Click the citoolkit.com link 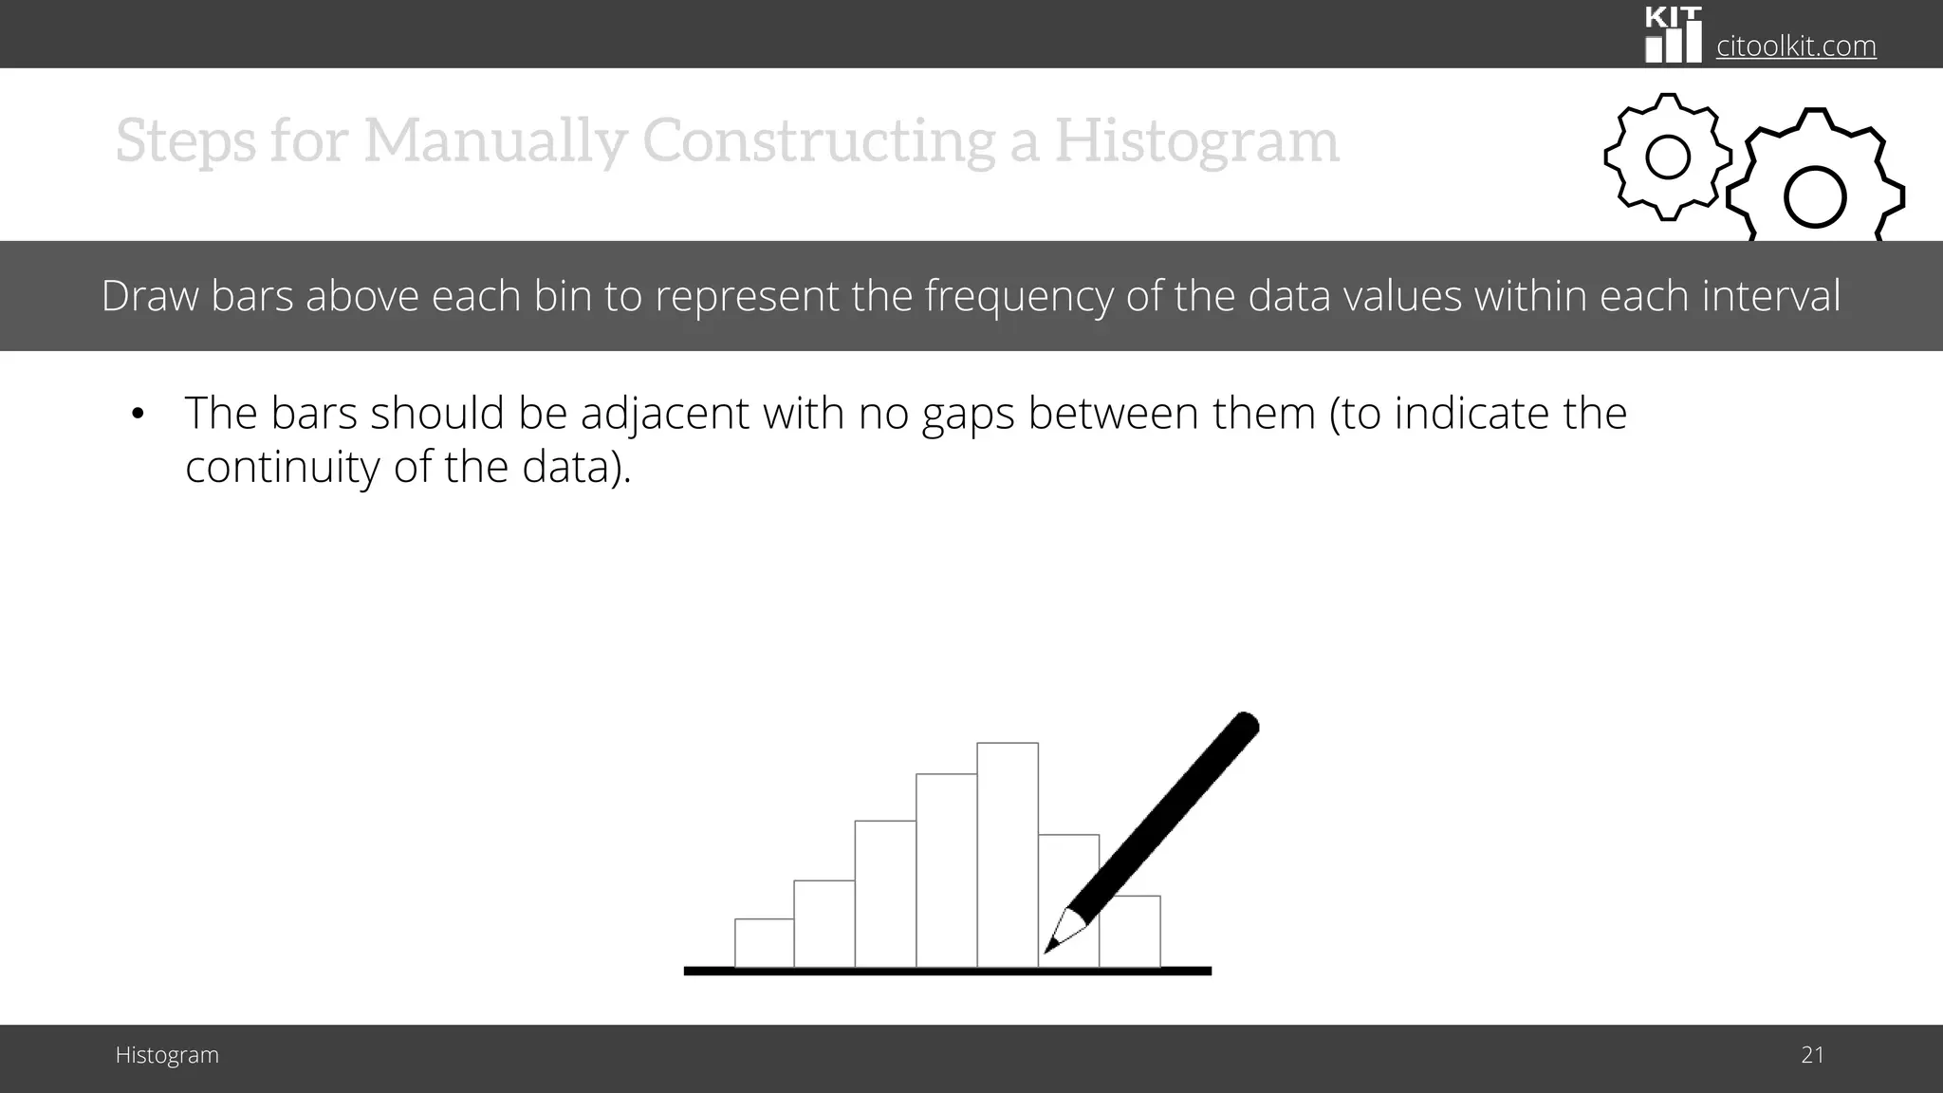click(x=1796, y=46)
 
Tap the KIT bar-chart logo click(x=1673, y=35)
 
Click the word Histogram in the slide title click(x=1196, y=140)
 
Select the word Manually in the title click(x=493, y=140)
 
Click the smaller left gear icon click(x=1667, y=157)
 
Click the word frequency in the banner click(x=1018, y=296)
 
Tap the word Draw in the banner click(x=150, y=296)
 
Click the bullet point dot click(x=138, y=415)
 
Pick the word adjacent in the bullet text click(x=665, y=414)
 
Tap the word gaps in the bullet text click(x=968, y=416)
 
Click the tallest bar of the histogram click(x=1008, y=854)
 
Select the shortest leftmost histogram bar click(x=764, y=943)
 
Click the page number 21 click(x=1812, y=1055)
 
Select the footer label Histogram click(x=167, y=1055)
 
